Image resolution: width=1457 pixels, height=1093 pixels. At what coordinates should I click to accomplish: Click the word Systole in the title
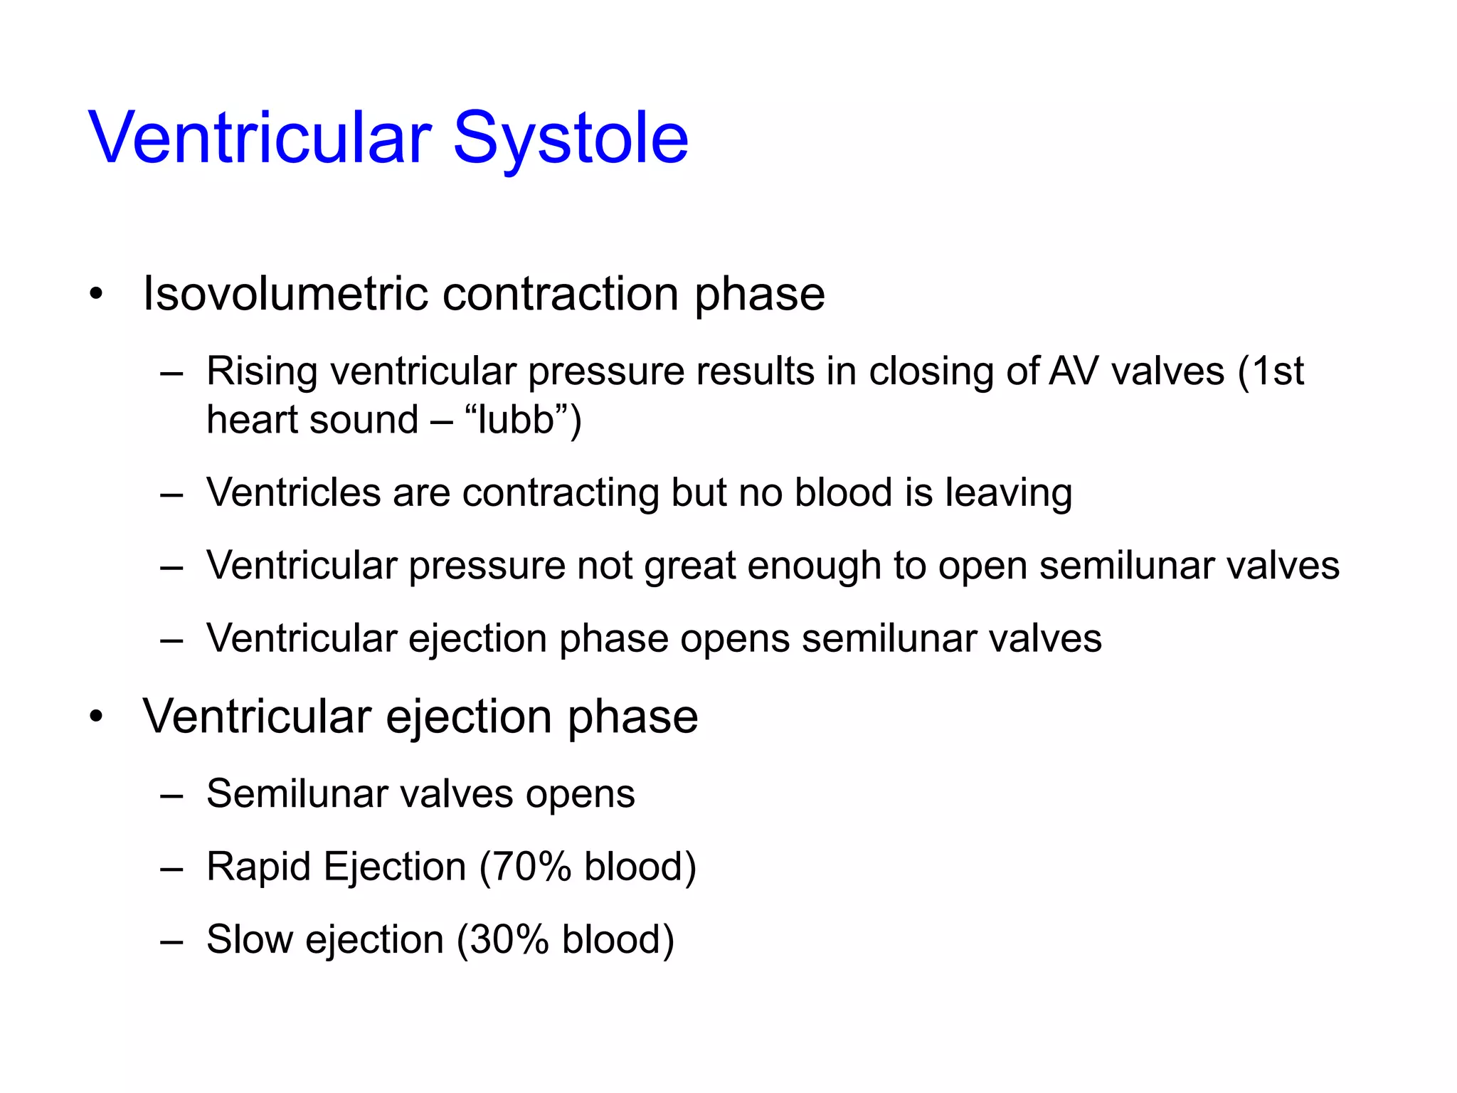tap(571, 139)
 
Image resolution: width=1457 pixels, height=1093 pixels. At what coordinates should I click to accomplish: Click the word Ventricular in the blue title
tap(260, 139)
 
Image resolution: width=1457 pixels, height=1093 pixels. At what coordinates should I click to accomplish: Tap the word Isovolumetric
tap(284, 294)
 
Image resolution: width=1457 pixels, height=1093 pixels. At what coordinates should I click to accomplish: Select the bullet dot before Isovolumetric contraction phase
tap(97, 294)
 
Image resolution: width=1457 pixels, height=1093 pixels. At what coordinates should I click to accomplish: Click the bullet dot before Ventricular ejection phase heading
tap(97, 717)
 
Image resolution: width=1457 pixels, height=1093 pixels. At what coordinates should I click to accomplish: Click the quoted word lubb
tap(516, 420)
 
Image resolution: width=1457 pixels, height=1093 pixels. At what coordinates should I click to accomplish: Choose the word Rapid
tap(259, 867)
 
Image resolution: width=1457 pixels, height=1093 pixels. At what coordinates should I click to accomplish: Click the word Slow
tap(249, 940)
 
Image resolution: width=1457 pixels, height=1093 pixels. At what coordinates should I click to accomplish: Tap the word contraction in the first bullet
tap(560, 294)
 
